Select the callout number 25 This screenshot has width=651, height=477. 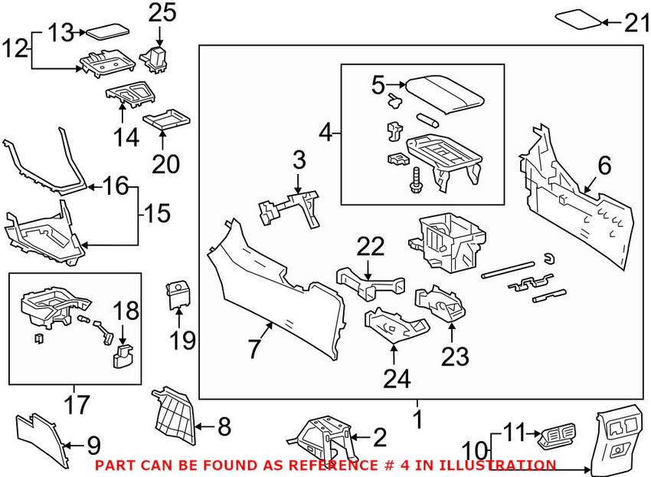click(x=162, y=12)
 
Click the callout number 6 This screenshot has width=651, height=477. click(x=604, y=166)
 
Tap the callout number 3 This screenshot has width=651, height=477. click(x=299, y=161)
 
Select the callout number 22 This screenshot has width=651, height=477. click(x=370, y=247)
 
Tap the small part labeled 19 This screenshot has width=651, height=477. click(x=178, y=296)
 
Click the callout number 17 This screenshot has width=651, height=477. click(x=77, y=403)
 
